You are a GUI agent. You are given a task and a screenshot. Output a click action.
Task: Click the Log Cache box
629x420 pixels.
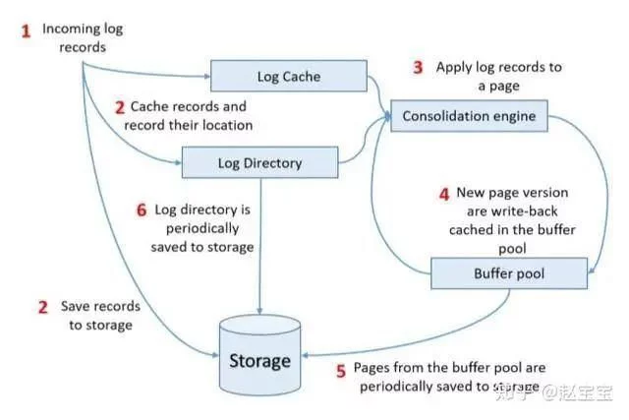pos(288,77)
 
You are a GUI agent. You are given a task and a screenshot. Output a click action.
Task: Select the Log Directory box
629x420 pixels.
pos(259,162)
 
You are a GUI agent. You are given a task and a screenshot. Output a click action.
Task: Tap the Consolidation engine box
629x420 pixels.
pos(468,116)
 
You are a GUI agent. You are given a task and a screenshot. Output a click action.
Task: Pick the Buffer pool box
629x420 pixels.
pos(509,272)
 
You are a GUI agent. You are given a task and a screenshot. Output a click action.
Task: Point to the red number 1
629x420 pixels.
pos(27,30)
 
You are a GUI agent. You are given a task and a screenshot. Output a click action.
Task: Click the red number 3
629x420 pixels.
pos(418,68)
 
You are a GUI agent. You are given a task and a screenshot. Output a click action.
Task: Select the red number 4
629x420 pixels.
pos(443,193)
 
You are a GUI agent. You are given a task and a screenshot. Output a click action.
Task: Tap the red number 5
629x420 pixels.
pos(341,371)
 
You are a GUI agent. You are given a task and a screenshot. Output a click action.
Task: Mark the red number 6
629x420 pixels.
pos(141,210)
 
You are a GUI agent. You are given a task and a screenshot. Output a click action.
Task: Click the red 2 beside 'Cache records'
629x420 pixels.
pos(120,106)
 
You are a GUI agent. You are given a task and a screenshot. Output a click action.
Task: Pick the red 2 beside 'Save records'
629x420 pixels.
pos(43,306)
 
